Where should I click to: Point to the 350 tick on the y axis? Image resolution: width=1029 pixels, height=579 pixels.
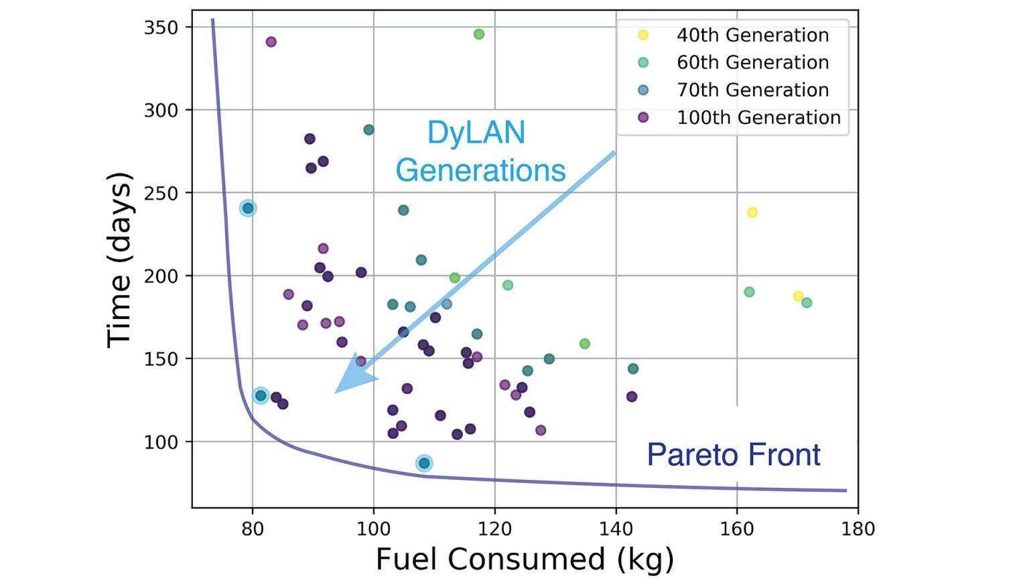coord(161,27)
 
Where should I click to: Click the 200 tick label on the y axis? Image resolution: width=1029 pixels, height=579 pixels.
coord(161,276)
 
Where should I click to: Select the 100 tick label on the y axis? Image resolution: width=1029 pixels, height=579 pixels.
coord(161,442)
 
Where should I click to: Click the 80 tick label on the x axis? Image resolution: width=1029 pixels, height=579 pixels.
coord(253,529)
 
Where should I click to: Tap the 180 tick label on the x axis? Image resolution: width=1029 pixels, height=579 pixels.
coord(858,529)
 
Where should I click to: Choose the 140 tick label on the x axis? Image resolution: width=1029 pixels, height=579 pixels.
coord(616,529)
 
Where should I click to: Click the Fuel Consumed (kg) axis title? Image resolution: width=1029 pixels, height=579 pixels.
coord(525,559)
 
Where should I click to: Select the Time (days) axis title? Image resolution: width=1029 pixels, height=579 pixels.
coord(119,259)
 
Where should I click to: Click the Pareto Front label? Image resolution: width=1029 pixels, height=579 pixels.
coord(734,455)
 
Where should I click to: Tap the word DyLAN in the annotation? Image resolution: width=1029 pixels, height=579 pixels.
coord(476,133)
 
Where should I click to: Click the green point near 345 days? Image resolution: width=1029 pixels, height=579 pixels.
coord(479,34)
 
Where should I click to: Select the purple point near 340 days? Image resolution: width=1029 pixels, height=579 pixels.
coord(271,42)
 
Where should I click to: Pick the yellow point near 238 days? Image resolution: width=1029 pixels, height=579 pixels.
coord(752,212)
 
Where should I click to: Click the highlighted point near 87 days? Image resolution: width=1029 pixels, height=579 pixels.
coord(424,463)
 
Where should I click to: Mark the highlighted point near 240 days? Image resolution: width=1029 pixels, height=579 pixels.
coord(248,208)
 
